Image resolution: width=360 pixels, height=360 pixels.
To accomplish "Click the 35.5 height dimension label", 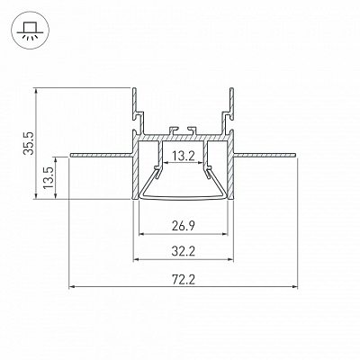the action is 29,143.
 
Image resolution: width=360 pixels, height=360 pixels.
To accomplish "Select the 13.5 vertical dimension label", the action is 49,177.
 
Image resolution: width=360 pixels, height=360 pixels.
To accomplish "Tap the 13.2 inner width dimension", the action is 184,156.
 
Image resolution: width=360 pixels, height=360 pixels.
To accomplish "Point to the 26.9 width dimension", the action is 184,226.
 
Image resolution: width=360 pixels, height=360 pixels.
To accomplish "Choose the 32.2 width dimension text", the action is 184,251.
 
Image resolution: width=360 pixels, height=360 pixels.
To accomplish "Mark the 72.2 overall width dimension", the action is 184,280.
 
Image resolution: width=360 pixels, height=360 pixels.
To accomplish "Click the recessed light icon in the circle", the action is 29,31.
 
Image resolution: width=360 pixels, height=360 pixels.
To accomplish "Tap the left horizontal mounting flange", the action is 102,155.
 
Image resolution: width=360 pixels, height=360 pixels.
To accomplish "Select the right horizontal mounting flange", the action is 265,155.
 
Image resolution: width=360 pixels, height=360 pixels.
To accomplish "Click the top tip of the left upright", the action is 134,88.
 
